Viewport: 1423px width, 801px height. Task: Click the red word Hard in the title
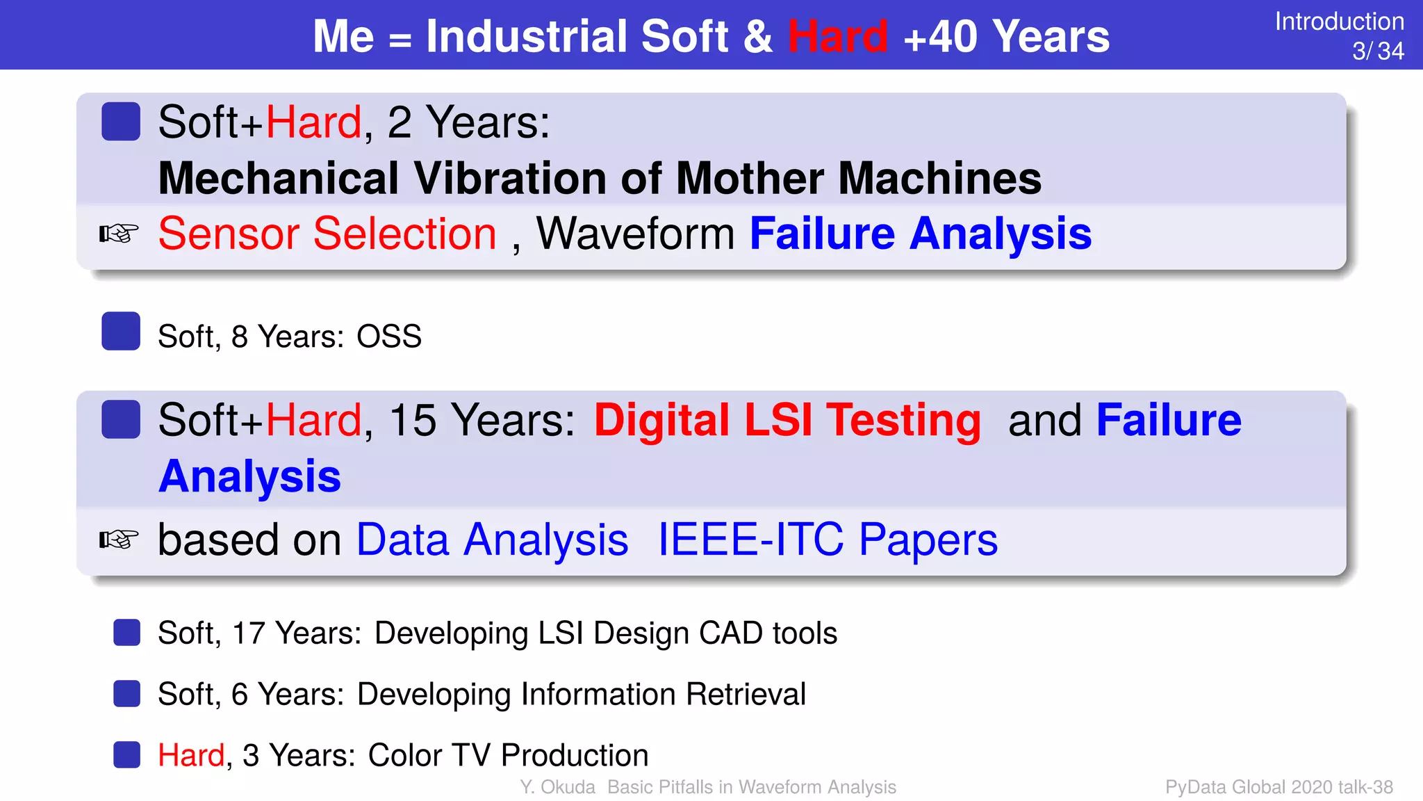click(837, 36)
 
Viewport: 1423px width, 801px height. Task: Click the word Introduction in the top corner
click(1339, 22)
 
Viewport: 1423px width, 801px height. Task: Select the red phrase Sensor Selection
click(327, 234)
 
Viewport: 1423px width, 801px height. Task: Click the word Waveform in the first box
click(635, 234)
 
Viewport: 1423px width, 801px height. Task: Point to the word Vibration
click(511, 179)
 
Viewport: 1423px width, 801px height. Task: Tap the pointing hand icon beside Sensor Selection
click(119, 234)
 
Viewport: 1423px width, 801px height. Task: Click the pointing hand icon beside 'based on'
click(119, 540)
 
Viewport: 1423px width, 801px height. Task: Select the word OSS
click(388, 337)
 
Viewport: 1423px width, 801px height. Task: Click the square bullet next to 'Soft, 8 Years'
click(121, 331)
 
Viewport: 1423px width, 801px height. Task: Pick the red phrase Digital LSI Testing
click(787, 421)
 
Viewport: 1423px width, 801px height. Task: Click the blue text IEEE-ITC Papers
click(827, 540)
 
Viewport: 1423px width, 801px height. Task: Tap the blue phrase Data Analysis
click(492, 540)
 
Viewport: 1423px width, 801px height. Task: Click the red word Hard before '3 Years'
click(191, 755)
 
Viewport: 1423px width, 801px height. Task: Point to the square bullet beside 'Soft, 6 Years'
click(127, 693)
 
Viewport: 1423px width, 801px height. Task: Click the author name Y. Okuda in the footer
click(557, 787)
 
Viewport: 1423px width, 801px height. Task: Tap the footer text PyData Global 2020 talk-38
click(1278, 787)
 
